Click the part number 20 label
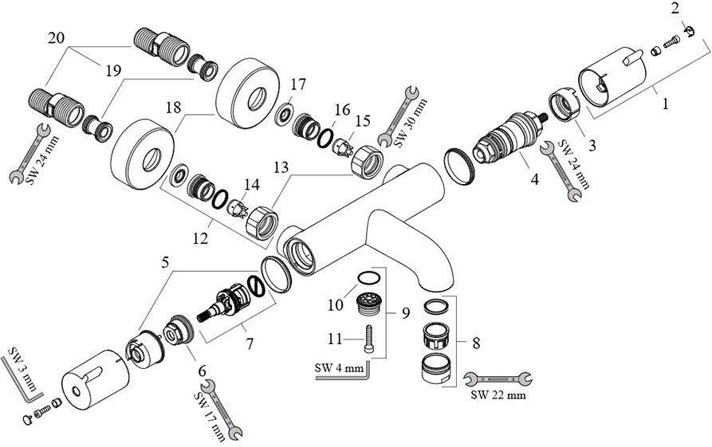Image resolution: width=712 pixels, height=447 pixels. (56, 38)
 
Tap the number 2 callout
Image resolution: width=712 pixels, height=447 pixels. (675, 9)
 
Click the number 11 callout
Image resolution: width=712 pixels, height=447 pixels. (336, 339)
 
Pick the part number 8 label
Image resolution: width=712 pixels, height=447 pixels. (476, 344)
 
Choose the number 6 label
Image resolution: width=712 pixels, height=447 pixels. (201, 371)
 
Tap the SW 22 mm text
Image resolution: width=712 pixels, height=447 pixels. (498, 394)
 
